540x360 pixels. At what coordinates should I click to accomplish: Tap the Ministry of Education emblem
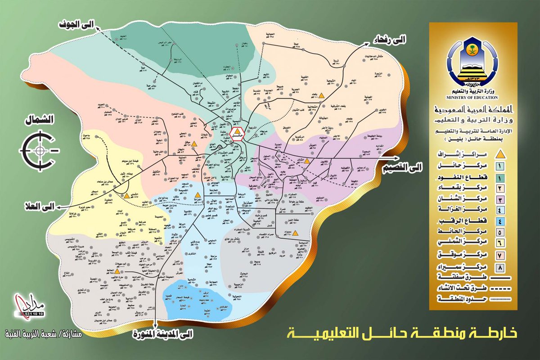click(471, 68)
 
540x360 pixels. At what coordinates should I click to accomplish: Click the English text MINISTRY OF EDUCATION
click(471, 97)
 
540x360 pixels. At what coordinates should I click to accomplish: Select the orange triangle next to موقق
click(194, 144)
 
